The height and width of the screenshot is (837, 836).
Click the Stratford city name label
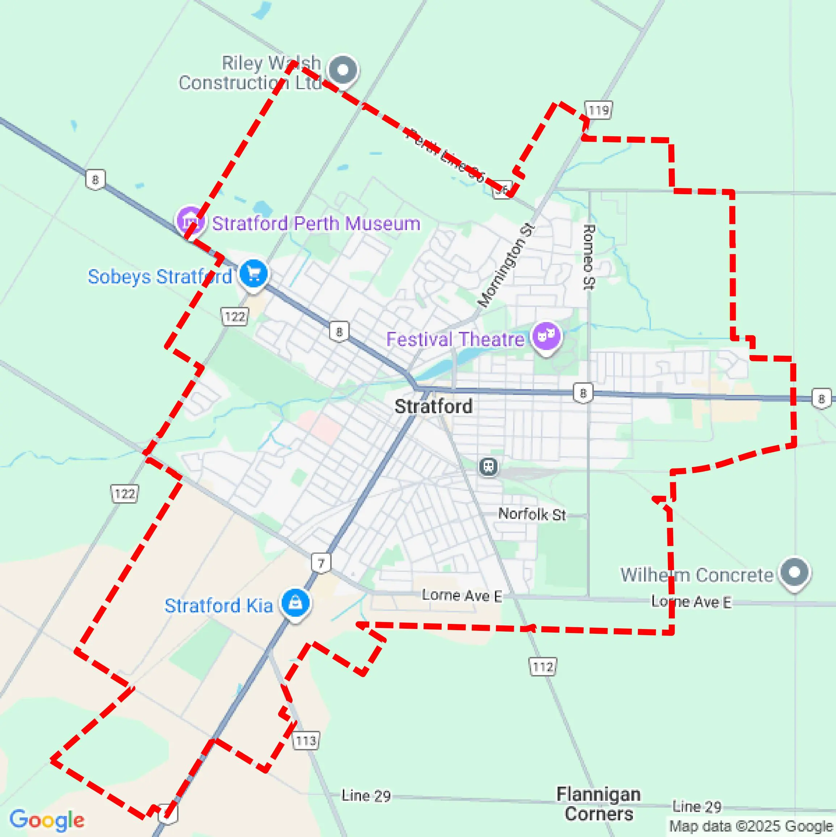(433, 407)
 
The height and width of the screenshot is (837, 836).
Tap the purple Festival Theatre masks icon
(546, 336)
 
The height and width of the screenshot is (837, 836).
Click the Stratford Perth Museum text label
(316, 224)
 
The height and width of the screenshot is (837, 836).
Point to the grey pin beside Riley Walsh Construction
(343, 70)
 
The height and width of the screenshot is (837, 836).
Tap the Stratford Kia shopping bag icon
(295, 602)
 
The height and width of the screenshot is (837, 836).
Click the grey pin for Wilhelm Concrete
(794, 572)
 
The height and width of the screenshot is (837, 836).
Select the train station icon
(488, 466)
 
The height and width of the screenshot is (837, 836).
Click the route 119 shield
(598, 111)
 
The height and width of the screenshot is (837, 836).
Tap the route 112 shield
(543, 667)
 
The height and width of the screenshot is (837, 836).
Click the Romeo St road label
(589, 257)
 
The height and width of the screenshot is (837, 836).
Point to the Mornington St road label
(506, 265)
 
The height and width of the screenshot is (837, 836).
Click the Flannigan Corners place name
(599, 804)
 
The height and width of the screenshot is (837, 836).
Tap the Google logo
(47, 820)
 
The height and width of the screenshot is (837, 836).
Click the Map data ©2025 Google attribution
(751, 826)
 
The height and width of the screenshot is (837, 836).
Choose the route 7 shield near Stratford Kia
(321, 563)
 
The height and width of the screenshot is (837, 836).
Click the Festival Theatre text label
(455, 339)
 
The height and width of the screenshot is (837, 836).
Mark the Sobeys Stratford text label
(160, 276)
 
